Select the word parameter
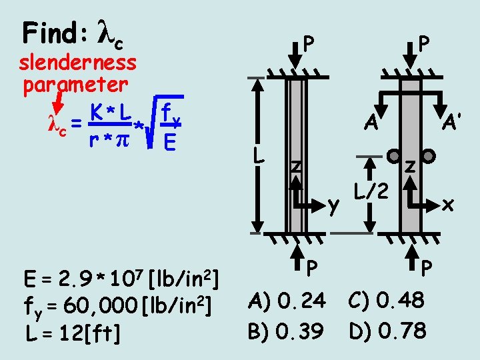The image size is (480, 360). [x=75, y=85]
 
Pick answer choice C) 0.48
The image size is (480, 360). [x=387, y=301]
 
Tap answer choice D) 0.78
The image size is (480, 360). [x=387, y=330]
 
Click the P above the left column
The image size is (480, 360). [x=307, y=44]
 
